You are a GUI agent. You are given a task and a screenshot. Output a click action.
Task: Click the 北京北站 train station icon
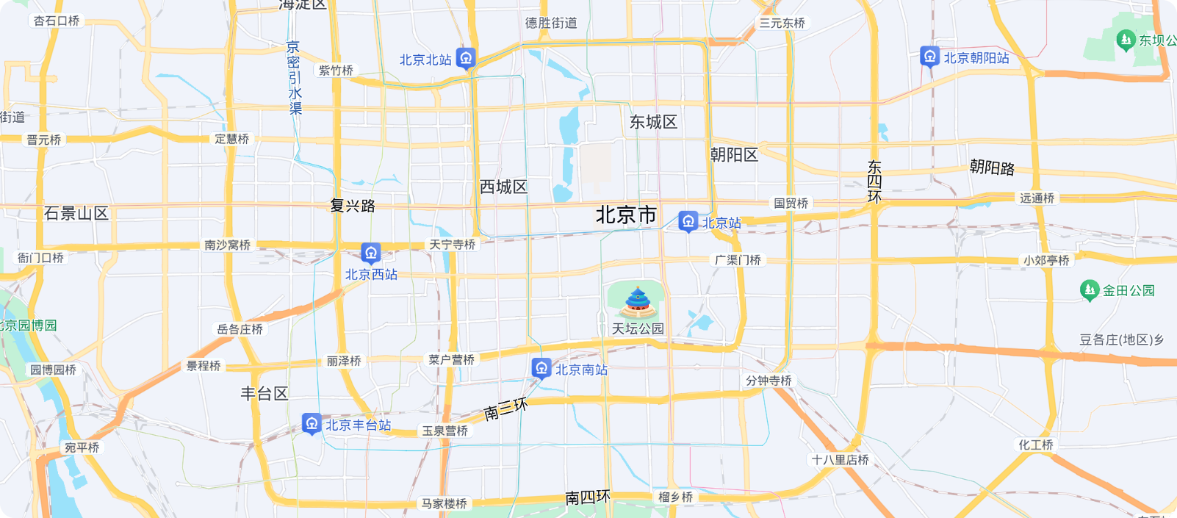pyautogui.click(x=466, y=57)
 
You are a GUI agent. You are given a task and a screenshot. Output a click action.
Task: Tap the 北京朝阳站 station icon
pyautogui.click(x=929, y=56)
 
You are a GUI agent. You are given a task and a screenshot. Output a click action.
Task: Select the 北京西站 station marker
pyautogui.click(x=371, y=253)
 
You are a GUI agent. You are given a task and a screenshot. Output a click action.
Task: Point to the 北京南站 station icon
pyautogui.click(x=541, y=367)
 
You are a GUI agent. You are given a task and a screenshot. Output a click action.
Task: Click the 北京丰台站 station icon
pyautogui.click(x=312, y=423)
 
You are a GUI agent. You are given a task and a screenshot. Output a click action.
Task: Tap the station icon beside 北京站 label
pyautogui.click(x=688, y=220)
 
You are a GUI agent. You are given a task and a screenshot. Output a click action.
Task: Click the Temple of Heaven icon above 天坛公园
pyautogui.click(x=638, y=301)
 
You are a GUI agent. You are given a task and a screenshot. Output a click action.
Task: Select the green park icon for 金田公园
pyautogui.click(x=1090, y=289)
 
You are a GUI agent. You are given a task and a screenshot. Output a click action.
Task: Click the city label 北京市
pyautogui.click(x=626, y=215)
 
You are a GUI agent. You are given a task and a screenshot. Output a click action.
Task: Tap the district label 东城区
pyautogui.click(x=653, y=122)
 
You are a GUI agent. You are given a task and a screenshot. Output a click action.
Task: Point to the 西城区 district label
pyautogui.click(x=503, y=187)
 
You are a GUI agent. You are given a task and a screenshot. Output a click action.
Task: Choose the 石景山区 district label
pyautogui.click(x=76, y=213)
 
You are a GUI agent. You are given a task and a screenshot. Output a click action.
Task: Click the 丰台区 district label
pyautogui.click(x=264, y=393)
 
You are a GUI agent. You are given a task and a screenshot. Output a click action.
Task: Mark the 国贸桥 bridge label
pyautogui.click(x=791, y=203)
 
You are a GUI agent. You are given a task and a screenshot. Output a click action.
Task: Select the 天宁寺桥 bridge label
pyautogui.click(x=453, y=244)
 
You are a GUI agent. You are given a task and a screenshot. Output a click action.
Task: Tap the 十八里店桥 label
pyautogui.click(x=840, y=459)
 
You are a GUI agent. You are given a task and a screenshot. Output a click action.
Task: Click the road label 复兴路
pyautogui.click(x=353, y=206)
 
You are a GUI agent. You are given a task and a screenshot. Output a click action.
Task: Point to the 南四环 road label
pyautogui.click(x=588, y=497)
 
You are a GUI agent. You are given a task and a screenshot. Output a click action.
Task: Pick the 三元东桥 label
pyautogui.click(x=782, y=23)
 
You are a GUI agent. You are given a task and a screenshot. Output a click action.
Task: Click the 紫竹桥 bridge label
pyautogui.click(x=336, y=70)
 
